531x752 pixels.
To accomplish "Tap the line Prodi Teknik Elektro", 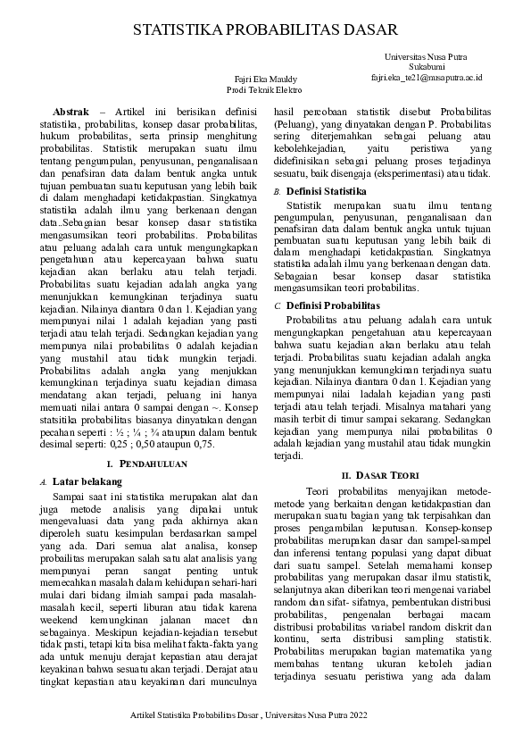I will [264, 90].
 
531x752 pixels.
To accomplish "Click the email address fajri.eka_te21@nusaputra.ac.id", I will [427, 78].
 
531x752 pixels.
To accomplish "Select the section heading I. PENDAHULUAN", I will [146, 464].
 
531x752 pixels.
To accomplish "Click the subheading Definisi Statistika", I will [326, 191].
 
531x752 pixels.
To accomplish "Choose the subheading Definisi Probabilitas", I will [332, 305].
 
